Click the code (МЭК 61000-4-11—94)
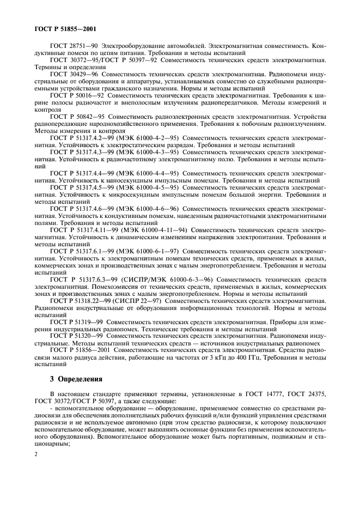157,230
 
